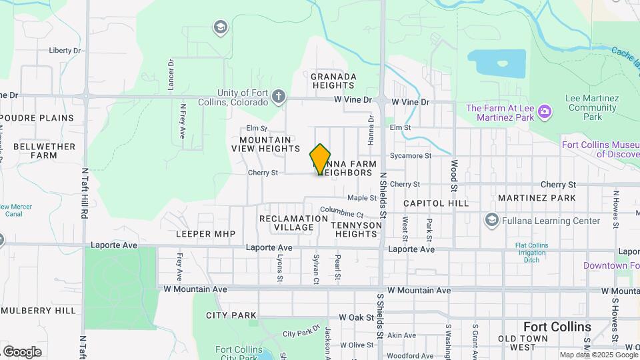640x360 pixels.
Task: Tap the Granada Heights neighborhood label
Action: pos(333,81)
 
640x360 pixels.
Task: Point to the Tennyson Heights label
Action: pos(357,229)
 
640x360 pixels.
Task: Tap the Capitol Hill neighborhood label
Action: pos(435,203)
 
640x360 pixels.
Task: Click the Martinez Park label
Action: pos(537,198)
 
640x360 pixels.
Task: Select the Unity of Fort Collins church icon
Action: pos(279,97)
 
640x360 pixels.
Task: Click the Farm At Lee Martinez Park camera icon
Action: pos(545,111)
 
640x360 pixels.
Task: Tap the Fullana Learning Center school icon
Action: pos(492,220)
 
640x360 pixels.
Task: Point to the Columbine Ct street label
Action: pos(341,213)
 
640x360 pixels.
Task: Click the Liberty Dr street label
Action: pos(65,50)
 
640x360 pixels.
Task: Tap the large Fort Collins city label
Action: pos(557,327)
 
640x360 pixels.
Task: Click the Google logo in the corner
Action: pos(22,351)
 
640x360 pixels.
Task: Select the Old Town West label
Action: pos(523,343)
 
